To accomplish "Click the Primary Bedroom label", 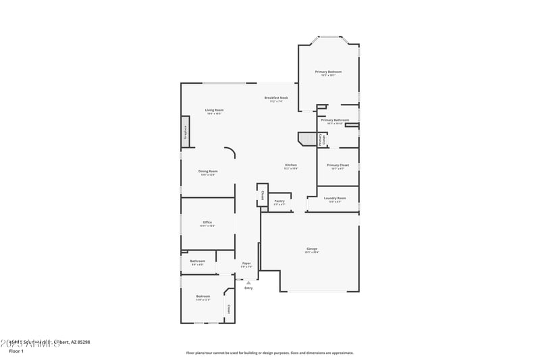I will (x=328, y=72).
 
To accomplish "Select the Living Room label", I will (x=215, y=110).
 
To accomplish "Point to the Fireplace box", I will (x=185, y=132).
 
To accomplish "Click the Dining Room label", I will (x=208, y=172).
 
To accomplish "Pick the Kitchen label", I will (x=291, y=165).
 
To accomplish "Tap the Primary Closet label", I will (x=337, y=165).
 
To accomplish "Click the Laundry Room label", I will (x=335, y=199).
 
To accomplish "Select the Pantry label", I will (x=279, y=201).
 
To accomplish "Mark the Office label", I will (x=207, y=222).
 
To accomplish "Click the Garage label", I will (x=312, y=249).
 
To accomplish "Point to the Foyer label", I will (x=246, y=263).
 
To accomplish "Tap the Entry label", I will (x=248, y=288).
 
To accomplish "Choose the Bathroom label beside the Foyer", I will (x=197, y=261).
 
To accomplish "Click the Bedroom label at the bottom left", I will (x=203, y=297).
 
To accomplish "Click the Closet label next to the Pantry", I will (x=263, y=195).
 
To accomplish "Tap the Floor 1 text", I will (x=16, y=351).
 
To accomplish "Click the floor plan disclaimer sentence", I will (x=269, y=353).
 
